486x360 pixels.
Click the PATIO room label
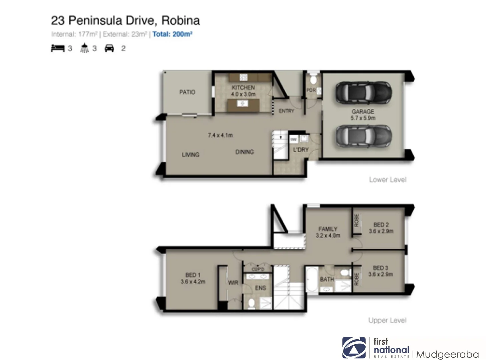[x=187, y=92]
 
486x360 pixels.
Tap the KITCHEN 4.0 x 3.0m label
[x=243, y=91]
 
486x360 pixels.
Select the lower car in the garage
[x=363, y=136]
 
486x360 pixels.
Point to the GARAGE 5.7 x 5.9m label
[x=363, y=115]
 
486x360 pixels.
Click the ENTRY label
[x=286, y=111]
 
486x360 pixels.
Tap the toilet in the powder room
[x=313, y=80]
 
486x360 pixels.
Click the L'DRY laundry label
[x=301, y=150]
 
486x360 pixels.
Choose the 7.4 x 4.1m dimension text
[x=220, y=135]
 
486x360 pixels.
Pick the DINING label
[x=245, y=152]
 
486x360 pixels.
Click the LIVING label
[x=190, y=155]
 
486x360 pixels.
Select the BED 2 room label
[x=381, y=228]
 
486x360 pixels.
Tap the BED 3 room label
[x=380, y=271]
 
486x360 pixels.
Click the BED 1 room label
[x=193, y=278]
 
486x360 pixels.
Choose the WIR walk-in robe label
[x=233, y=283]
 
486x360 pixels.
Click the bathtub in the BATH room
[x=312, y=279]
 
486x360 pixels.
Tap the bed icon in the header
[x=57, y=48]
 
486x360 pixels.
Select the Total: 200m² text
[x=172, y=34]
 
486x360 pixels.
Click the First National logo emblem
[x=354, y=347]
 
